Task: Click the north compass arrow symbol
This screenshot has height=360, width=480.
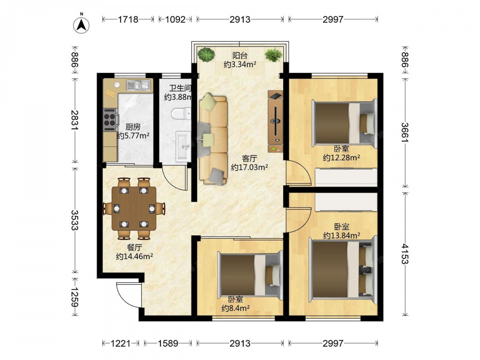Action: [82, 24]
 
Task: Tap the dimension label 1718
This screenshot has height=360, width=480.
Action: [128, 20]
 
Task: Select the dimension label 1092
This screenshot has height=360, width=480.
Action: [175, 20]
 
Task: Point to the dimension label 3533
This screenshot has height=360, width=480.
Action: [75, 220]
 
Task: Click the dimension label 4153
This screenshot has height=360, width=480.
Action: [405, 254]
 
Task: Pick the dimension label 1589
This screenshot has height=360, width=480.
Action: [168, 344]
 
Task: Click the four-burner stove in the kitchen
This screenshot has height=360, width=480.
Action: [109, 118]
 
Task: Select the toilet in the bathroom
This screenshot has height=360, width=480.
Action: [181, 114]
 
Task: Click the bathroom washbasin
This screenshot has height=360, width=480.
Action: [183, 146]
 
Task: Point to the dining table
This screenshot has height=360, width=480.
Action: [134, 208]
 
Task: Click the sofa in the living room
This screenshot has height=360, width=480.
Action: [213, 139]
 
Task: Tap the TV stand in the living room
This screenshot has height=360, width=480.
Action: [275, 121]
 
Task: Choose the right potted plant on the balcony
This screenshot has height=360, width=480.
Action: [274, 55]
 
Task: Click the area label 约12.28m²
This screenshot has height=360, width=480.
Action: [341, 157]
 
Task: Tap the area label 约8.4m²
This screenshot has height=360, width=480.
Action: [235, 308]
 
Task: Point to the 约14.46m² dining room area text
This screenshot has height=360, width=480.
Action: [134, 256]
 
